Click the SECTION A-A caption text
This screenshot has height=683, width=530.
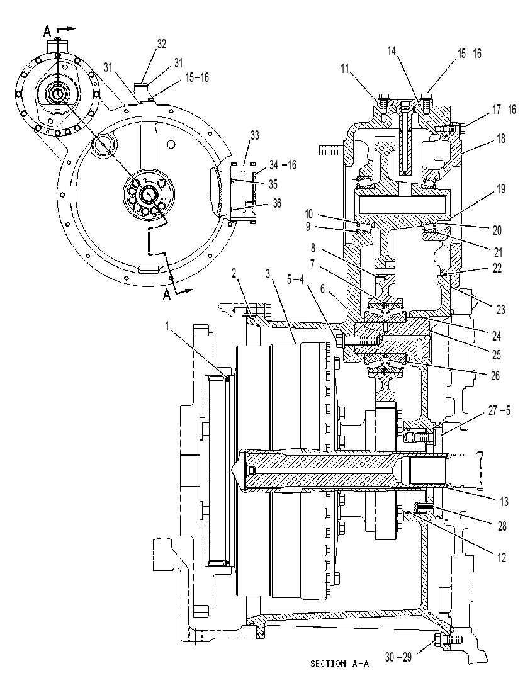339,663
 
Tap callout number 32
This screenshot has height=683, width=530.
161,45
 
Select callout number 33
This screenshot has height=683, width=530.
254,135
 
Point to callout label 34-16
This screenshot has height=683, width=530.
282,165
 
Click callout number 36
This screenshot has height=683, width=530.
276,203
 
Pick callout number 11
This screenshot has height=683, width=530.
346,69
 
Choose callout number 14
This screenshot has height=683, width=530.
392,51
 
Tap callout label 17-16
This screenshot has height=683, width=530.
504,110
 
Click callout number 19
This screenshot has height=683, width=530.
501,189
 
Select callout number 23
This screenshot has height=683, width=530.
500,309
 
